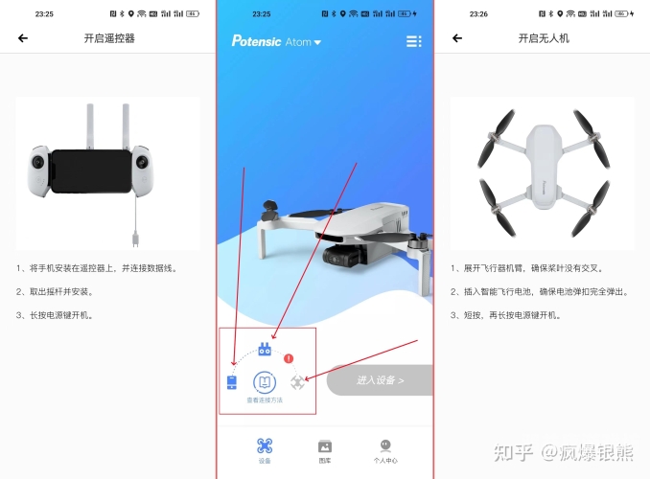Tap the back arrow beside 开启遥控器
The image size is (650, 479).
pos(23,38)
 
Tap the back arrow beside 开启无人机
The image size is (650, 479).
pos(457,38)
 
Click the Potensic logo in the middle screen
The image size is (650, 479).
pos(256,41)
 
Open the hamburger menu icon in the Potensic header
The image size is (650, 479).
pos(413,41)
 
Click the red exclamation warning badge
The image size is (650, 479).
pos(289,357)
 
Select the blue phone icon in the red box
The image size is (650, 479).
pos(231,382)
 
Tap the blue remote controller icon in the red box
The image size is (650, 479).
pos(265,351)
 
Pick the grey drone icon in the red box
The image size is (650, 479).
pos(297,382)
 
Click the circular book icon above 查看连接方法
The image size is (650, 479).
pos(265,382)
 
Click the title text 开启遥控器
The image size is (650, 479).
pos(109,38)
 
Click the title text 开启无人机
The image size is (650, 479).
pos(544,38)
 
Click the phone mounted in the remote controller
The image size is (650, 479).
pos(91,171)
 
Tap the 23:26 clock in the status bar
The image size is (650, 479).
pos(478,14)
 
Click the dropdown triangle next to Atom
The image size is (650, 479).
pos(318,42)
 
